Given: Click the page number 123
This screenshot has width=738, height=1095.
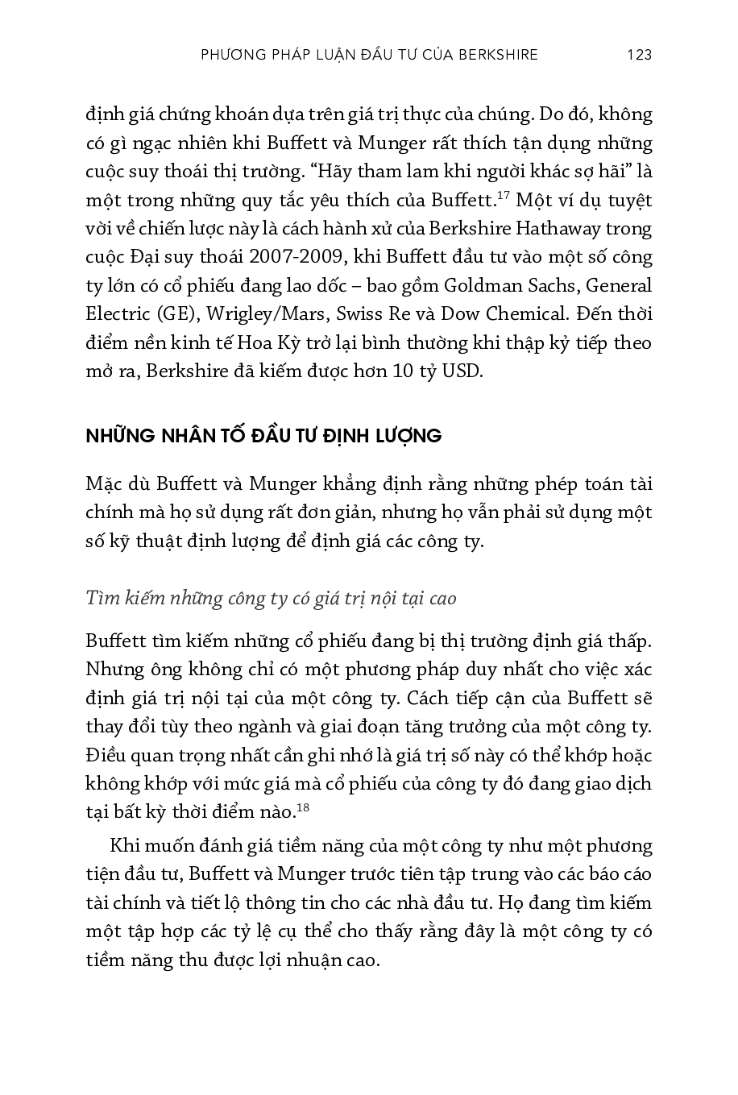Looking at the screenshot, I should pos(638,55).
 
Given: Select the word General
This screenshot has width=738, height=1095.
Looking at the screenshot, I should pos(619,286).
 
